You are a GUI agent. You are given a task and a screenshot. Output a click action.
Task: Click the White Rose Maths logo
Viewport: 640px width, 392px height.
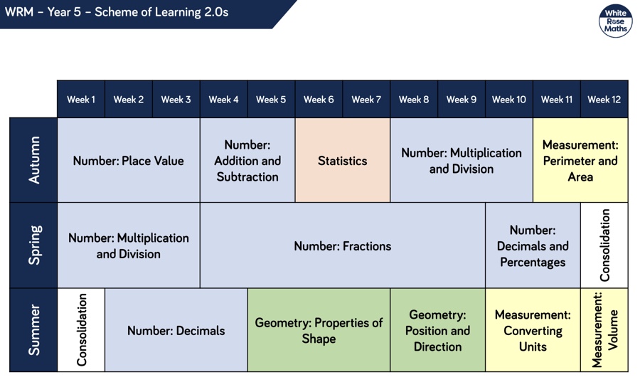click(615, 21)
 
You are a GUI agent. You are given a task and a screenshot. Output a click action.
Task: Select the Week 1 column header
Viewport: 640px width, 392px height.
click(81, 99)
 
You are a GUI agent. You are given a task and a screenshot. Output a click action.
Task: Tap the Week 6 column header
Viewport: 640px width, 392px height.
click(319, 99)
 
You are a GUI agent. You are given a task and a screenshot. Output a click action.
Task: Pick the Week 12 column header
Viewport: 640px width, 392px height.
click(604, 99)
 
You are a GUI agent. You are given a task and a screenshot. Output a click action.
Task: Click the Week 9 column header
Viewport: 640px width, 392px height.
click(462, 99)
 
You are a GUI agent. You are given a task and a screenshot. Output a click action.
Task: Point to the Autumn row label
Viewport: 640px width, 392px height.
click(33, 160)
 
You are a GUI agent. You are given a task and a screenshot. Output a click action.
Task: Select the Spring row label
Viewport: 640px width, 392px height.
click(33, 245)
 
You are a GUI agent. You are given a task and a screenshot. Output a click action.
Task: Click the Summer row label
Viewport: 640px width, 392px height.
click(33, 330)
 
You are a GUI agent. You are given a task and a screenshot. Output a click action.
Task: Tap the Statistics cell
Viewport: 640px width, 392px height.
click(343, 160)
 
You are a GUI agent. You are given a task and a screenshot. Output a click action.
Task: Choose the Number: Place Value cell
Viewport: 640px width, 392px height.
click(129, 160)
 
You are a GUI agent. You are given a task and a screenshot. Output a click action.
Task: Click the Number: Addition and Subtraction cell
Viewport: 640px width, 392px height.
click(247, 160)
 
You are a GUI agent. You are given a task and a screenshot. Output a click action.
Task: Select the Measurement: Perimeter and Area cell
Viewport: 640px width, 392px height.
click(580, 160)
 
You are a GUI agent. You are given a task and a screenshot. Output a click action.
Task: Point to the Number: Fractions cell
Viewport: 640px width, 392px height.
click(343, 245)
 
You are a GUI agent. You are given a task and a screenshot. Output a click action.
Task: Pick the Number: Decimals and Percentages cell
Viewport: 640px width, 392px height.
click(533, 245)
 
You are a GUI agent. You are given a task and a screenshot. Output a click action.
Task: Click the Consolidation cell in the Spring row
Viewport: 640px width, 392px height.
click(604, 245)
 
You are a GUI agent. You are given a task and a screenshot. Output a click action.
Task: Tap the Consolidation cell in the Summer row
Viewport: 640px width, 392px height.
click(81, 330)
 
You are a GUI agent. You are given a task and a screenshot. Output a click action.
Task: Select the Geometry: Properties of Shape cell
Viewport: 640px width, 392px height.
click(319, 330)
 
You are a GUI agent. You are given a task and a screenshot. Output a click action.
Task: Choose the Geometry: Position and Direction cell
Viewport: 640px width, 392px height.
click(437, 330)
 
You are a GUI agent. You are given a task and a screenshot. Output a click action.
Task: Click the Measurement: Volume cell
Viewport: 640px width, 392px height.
click(604, 330)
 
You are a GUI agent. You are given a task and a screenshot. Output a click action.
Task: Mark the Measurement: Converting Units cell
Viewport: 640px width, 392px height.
click(533, 330)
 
